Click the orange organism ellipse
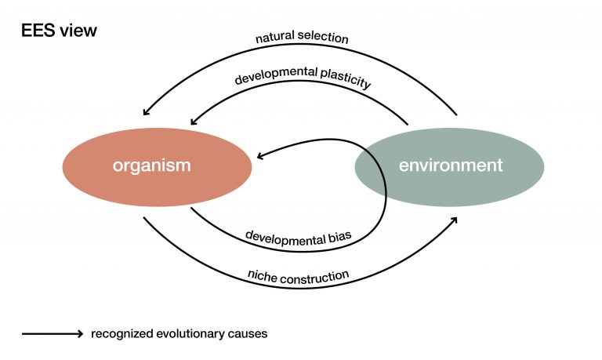point(157,166)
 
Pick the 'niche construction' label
point(298,275)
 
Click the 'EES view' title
point(59,31)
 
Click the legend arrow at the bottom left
point(52,334)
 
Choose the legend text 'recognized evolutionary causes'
point(179,334)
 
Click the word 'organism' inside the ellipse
point(151,165)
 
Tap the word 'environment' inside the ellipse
point(450,165)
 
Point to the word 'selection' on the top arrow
point(326,38)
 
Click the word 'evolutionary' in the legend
point(188,334)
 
